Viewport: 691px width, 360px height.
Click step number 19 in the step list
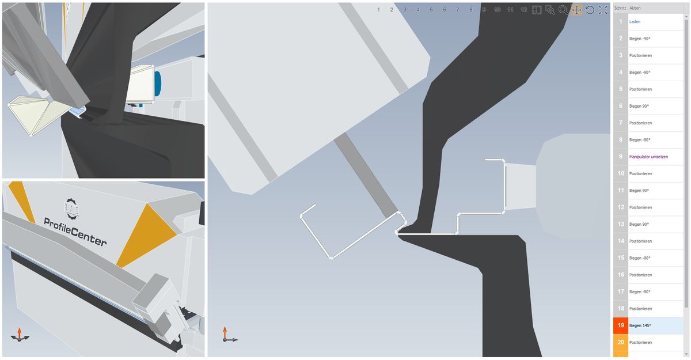(x=621, y=325)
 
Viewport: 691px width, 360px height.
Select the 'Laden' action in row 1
(x=635, y=21)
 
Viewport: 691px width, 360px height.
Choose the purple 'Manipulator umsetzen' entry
(x=648, y=157)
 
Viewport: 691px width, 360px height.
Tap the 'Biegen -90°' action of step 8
(x=640, y=140)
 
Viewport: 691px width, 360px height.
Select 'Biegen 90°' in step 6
(x=639, y=106)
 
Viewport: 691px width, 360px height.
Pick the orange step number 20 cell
(x=621, y=342)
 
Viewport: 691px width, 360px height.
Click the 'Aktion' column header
(x=635, y=8)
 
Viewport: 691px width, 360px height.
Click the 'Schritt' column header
(x=620, y=8)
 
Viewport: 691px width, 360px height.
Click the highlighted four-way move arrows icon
(x=576, y=10)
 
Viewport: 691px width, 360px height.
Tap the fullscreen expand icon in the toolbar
(x=603, y=10)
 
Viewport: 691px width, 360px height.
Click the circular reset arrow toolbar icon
(x=590, y=10)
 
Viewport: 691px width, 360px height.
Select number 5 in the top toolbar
(x=431, y=10)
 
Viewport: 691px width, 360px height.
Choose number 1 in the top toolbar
(x=378, y=10)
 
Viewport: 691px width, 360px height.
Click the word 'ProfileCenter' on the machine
(x=75, y=232)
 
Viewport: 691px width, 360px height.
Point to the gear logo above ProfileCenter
(x=71, y=209)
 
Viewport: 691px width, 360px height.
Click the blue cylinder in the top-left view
(x=158, y=84)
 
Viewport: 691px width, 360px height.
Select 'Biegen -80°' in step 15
(x=640, y=258)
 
